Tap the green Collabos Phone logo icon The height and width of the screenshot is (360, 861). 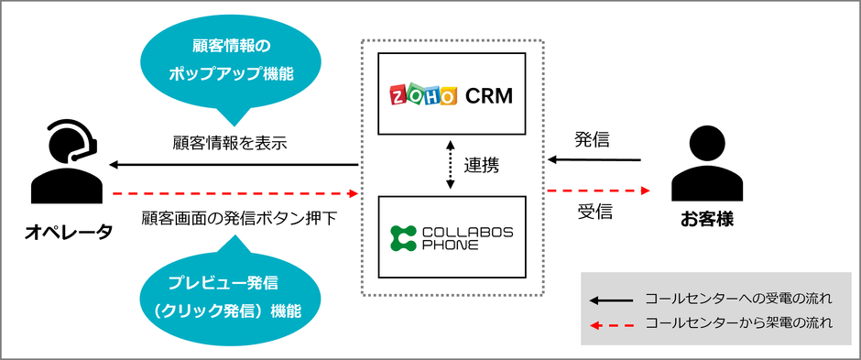403,237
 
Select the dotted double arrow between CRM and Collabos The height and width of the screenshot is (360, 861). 450,165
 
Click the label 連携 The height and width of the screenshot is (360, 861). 481,166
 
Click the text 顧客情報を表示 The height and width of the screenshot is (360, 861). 230,143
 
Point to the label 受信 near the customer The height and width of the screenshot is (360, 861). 594,213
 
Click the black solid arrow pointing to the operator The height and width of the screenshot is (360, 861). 233,165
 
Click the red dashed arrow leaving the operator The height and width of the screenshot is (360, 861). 233,193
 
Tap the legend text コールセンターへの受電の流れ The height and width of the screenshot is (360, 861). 737,299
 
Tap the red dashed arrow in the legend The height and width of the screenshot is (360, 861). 612,323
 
